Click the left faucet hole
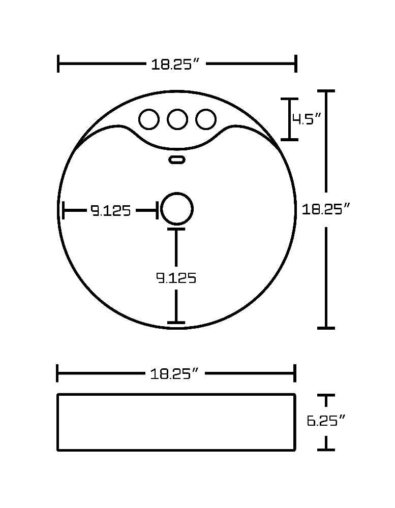[149, 119]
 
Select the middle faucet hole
[177, 119]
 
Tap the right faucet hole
[206, 119]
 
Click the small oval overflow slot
[177, 160]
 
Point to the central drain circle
[177, 209]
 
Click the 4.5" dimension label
[307, 119]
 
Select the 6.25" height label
[326, 421]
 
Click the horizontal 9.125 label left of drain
[111, 211]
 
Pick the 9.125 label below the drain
[176, 278]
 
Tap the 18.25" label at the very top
[175, 64]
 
